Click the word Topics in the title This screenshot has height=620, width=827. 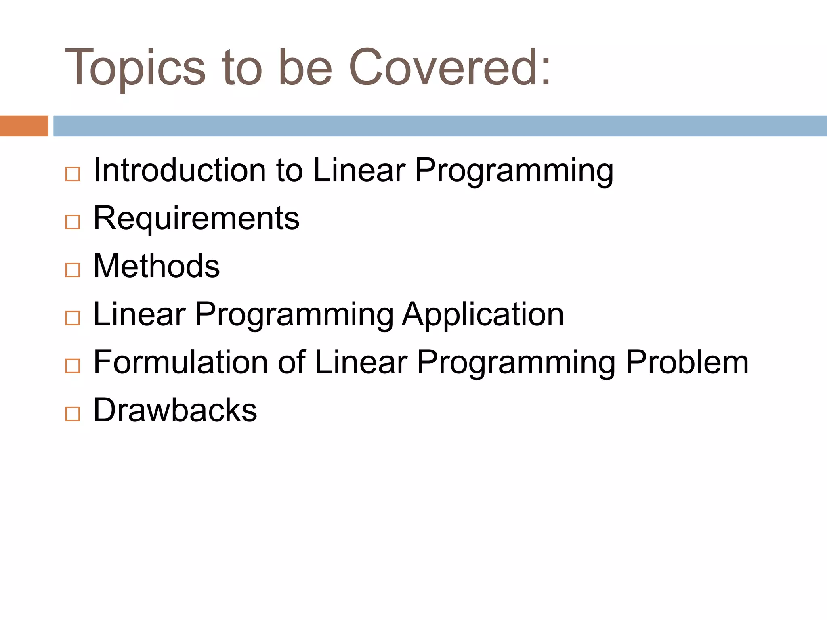coord(135,68)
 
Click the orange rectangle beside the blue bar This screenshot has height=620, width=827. coord(24,126)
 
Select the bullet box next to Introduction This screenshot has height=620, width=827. coord(73,174)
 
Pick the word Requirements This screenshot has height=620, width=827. coord(196,218)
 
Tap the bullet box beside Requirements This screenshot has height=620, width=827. coord(73,222)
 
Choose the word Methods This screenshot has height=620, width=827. coord(157,266)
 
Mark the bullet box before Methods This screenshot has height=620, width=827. coord(73,270)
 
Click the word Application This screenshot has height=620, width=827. coord(483,315)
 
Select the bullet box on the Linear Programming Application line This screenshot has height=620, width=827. coord(73,318)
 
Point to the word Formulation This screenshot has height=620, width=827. coord(179,362)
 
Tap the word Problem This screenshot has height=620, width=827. coord(687,362)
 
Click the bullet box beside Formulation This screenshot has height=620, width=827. coord(73,366)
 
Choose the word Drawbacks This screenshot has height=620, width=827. coord(175,410)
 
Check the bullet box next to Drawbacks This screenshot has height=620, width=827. coord(73,414)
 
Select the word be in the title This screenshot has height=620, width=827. coord(305,68)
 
